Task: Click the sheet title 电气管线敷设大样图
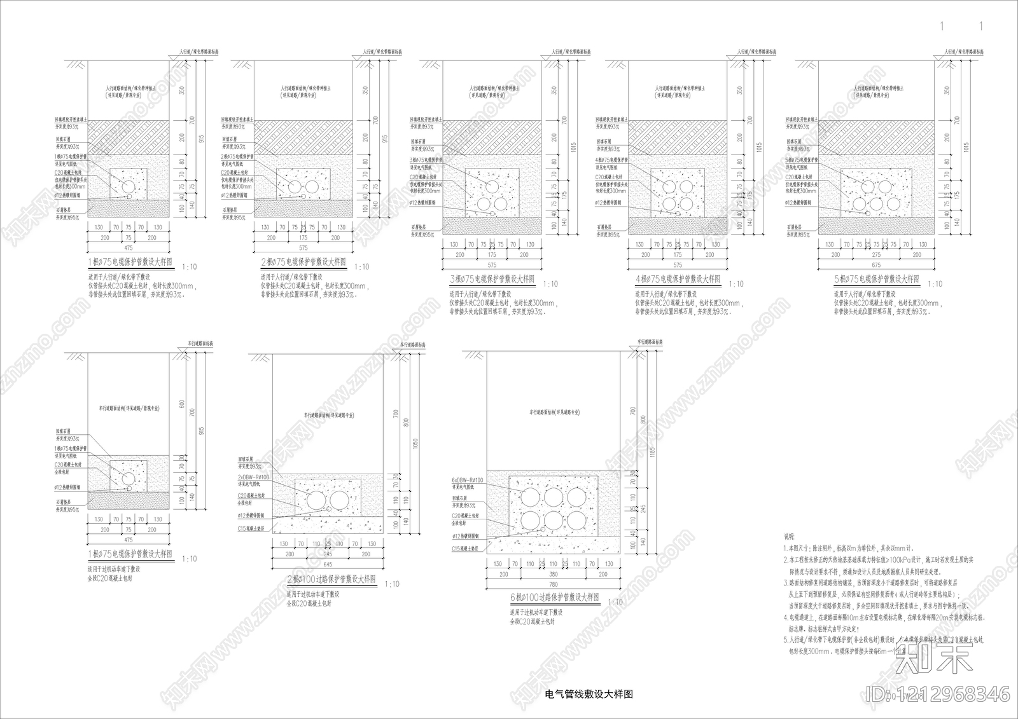tap(589, 694)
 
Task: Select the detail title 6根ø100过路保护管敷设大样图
tap(555, 598)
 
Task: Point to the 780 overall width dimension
tap(554, 585)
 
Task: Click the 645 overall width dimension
tap(328, 565)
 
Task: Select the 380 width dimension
tap(554, 574)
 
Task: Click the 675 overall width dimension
tap(876, 265)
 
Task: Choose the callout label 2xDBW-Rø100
tap(253, 477)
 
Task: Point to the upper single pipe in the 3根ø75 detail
tap(493, 186)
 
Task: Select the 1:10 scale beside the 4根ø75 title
tap(736, 285)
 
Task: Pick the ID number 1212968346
tap(938, 694)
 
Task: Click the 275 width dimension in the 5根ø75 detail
tap(876, 254)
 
